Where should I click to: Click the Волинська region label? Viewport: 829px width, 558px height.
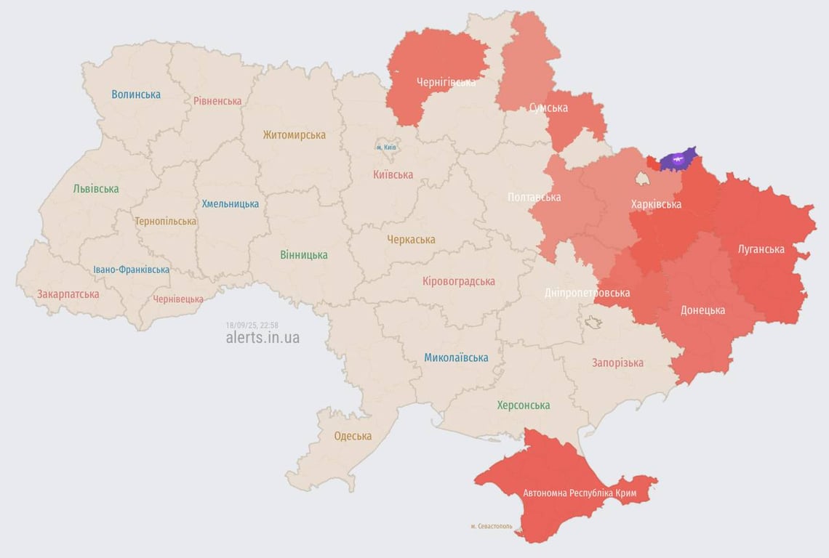click(136, 94)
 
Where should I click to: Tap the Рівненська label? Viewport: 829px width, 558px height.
click(217, 101)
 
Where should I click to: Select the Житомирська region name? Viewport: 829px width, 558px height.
click(295, 135)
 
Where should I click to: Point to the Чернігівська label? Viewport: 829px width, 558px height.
click(446, 82)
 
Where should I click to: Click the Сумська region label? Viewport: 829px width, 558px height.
click(548, 108)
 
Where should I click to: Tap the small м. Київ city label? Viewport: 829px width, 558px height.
click(386, 147)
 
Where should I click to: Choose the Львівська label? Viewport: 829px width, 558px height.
click(96, 189)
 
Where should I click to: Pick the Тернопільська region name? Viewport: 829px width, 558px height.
click(165, 221)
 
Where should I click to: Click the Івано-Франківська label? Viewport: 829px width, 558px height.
click(132, 270)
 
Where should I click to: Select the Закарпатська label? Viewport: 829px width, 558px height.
click(68, 294)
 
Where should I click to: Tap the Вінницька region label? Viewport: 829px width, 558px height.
click(304, 255)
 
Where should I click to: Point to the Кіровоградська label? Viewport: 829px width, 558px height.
click(459, 281)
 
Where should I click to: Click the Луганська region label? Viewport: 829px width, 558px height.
click(761, 249)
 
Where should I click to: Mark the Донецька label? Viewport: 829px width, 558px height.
click(702, 310)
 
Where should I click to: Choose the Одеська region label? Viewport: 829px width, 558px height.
click(353, 436)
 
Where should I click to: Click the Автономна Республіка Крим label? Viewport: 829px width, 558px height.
click(580, 493)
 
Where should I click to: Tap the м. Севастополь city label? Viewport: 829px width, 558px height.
click(492, 526)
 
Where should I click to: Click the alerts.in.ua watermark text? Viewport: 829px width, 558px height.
click(263, 338)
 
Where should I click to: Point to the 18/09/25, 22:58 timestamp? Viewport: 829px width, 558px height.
click(252, 325)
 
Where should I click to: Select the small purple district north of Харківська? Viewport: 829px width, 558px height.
click(678, 158)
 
